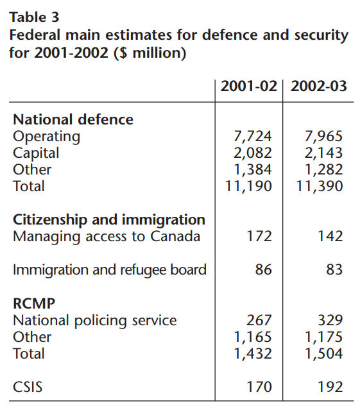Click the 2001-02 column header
248,86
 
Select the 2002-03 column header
319,86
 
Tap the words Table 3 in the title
35,17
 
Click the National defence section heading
73,120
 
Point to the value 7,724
252,137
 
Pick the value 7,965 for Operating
323,137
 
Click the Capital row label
36,153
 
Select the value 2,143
323,153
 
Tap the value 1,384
252,169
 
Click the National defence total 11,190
248,186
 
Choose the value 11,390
320,186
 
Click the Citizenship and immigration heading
109,220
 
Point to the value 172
259,236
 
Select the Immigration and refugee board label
110,270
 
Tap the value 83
334,269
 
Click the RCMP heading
34,303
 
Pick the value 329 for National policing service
330,320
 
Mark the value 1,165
252,337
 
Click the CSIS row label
28,387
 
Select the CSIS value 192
330,387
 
